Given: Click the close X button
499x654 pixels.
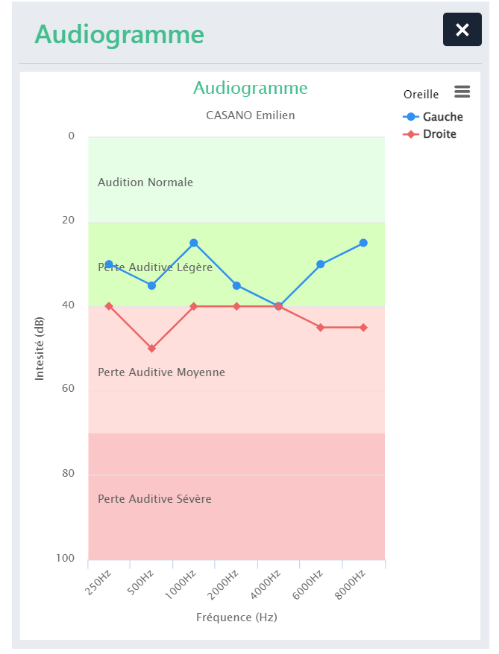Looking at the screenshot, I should pyautogui.click(x=462, y=30).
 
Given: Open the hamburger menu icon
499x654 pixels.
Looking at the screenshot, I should pyautogui.click(x=462, y=91).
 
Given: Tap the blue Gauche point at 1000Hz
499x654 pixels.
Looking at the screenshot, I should pyautogui.click(x=194, y=243).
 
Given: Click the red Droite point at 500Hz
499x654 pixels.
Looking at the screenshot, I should pyautogui.click(x=152, y=349).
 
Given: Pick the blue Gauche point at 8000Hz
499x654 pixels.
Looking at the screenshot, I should pyautogui.click(x=363, y=243).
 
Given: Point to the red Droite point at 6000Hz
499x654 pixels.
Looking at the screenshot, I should pyautogui.click(x=321, y=328).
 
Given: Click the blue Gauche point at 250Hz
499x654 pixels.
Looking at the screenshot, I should pyautogui.click(x=109, y=264).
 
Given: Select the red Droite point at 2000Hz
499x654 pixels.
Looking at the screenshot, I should pyautogui.click(x=236, y=306).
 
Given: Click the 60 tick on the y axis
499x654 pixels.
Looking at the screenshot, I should pyautogui.click(x=69, y=389).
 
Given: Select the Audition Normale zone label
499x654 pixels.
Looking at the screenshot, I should pyautogui.click(x=145, y=182).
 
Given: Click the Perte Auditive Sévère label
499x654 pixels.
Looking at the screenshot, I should pyautogui.click(x=154, y=499).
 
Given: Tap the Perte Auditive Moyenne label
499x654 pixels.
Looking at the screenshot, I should pyautogui.click(x=161, y=372).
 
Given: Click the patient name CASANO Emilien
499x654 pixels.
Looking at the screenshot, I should pyautogui.click(x=250, y=115).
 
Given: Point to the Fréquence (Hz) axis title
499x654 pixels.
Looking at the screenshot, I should pyautogui.click(x=236, y=618).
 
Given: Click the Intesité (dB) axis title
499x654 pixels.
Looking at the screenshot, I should pyautogui.click(x=40, y=348).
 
